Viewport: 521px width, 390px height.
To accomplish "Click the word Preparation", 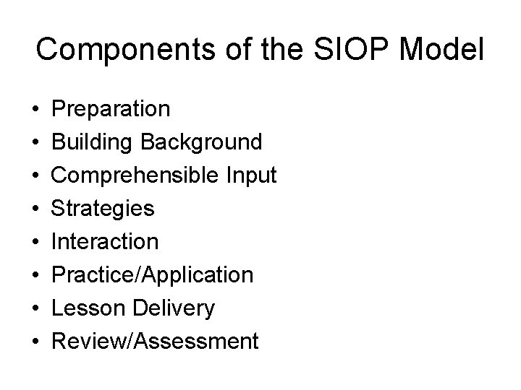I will click(x=112, y=109).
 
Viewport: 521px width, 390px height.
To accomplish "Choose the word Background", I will click(x=201, y=142).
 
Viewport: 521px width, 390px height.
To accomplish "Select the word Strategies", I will click(x=103, y=209).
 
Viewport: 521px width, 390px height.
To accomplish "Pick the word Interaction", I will click(x=106, y=242).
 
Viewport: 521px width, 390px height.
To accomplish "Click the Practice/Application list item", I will click(x=153, y=275).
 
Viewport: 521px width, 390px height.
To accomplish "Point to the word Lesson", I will click(x=88, y=308).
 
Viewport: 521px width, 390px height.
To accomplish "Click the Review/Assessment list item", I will click(x=155, y=341).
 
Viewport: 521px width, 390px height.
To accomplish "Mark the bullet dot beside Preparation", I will click(x=35, y=110).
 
